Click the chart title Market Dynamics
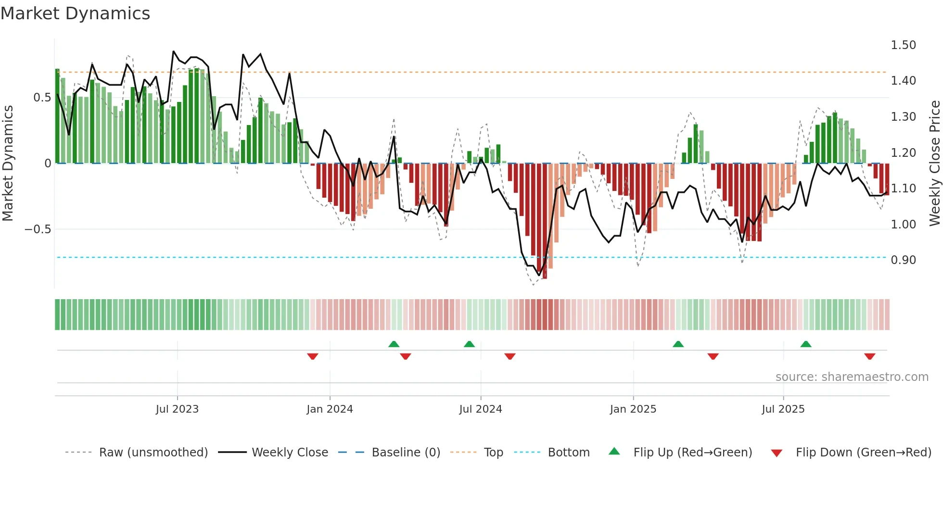pyautogui.click(x=75, y=13)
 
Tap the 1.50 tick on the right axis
pyautogui.click(x=903, y=45)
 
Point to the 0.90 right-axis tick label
pyautogui.click(x=903, y=260)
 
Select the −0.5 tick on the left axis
pyautogui.click(x=38, y=229)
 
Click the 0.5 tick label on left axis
pyautogui.click(x=42, y=98)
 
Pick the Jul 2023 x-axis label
pyautogui.click(x=177, y=409)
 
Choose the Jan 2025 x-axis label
pyautogui.click(x=633, y=409)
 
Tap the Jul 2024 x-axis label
pyautogui.click(x=480, y=409)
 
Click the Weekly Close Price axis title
pyautogui.click(x=934, y=163)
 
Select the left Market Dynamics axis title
pyautogui.click(x=8, y=163)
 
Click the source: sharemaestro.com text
pyautogui.click(x=852, y=377)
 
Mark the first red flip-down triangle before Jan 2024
pyautogui.click(x=313, y=356)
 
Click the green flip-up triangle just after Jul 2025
pyautogui.click(x=806, y=344)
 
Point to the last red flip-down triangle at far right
pyautogui.click(x=869, y=356)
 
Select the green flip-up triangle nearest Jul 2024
pyautogui.click(x=469, y=344)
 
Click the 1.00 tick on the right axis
pyautogui.click(x=903, y=225)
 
